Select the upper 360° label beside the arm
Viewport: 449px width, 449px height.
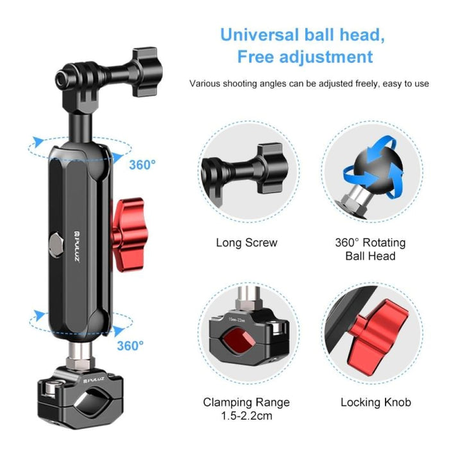(142, 165)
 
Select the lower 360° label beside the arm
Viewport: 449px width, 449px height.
(130, 346)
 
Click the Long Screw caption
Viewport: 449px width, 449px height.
(247, 242)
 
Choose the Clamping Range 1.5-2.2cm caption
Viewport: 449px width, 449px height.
(247, 409)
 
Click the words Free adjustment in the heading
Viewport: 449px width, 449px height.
(305, 56)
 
